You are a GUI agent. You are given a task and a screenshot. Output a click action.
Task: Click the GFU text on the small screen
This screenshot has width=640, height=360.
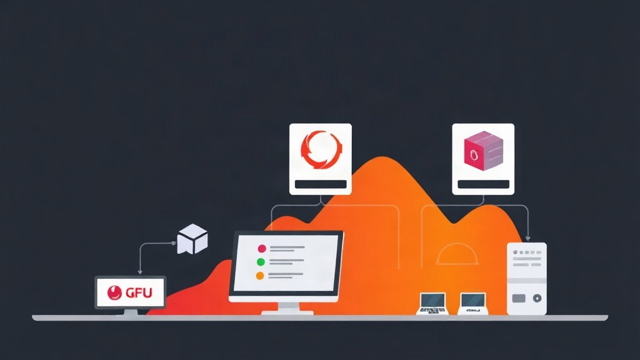point(139,292)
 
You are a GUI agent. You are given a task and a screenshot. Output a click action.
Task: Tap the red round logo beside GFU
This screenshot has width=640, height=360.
point(115,292)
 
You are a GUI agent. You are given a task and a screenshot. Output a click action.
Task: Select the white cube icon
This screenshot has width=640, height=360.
point(192,239)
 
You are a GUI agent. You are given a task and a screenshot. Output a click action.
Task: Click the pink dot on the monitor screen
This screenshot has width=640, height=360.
point(262,249)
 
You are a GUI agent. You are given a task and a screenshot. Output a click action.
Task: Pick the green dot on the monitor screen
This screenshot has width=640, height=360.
point(261,262)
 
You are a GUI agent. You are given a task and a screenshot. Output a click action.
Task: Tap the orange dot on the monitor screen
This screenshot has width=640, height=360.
point(259,276)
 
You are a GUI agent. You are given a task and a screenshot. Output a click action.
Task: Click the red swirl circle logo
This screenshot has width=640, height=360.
point(321,149)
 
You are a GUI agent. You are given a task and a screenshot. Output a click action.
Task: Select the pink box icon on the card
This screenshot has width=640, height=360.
point(484,151)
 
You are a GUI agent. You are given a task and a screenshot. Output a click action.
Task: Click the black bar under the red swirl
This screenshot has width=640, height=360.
point(321,184)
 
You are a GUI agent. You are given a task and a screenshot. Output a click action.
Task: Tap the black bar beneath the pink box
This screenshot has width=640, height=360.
point(483,184)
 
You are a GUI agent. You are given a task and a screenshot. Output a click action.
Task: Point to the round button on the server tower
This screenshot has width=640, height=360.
point(537,298)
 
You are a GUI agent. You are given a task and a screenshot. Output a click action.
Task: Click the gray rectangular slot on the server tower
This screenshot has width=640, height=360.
point(519,298)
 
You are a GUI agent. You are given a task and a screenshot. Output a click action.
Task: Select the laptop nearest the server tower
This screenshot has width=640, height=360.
point(472,304)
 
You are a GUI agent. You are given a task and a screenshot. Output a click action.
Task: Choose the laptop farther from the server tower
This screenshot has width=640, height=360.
point(432,304)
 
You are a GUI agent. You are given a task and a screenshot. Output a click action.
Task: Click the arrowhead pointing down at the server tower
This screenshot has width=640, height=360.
point(527,238)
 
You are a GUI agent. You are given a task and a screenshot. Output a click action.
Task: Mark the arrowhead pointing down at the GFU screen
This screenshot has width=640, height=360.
point(140,271)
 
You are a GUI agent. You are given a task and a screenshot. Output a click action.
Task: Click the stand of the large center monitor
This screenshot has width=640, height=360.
point(287,309)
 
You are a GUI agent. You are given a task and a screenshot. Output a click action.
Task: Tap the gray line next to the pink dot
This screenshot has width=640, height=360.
point(287,249)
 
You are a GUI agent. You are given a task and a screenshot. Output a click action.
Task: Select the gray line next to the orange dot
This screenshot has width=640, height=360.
point(285,276)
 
